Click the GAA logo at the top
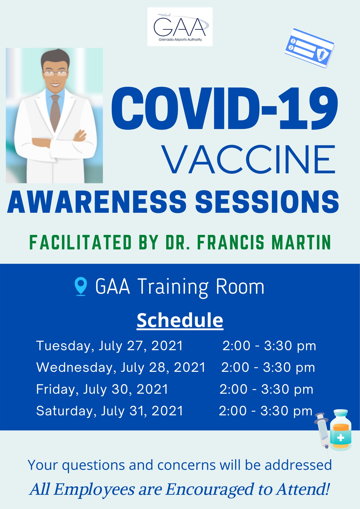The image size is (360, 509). tap(180, 27)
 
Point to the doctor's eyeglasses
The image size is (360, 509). tap(55, 73)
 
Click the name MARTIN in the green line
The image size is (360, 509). tap(301, 242)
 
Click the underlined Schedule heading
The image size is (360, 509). tap(180, 320)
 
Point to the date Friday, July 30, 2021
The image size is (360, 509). tap(102, 389)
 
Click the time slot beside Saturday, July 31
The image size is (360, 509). tap(266, 411)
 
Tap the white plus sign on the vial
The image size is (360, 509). tap(340, 438)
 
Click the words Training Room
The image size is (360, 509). tap(201, 287)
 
